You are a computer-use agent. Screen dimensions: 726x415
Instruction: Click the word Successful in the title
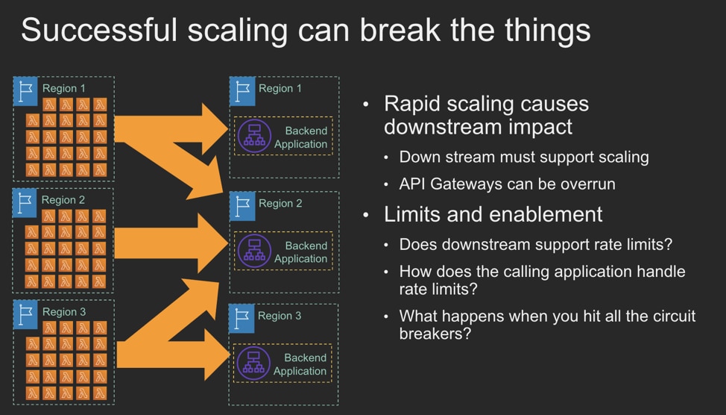point(99,30)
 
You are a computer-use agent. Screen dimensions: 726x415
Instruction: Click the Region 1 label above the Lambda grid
point(64,88)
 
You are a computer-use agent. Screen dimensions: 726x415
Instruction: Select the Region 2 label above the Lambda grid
point(63,200)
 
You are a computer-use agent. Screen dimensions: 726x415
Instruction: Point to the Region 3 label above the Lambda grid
point(64,311)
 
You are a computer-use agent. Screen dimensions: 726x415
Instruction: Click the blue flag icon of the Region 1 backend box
point(242,91)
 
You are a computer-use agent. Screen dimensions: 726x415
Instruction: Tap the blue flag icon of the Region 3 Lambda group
point(25,314)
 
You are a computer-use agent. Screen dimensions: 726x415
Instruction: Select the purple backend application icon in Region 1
point(254,136)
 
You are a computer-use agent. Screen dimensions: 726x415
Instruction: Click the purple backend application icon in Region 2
point(254,251)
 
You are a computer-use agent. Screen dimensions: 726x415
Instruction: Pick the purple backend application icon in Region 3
point(253,363)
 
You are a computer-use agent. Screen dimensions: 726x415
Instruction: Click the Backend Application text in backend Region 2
point(300,252)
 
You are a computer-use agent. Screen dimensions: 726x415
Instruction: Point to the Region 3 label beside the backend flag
point(280,316)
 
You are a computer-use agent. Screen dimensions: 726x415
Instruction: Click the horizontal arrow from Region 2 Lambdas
point(171,243)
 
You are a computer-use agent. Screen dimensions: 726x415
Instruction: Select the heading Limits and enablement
point(493,214)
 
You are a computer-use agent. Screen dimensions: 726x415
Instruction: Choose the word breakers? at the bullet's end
point(435,334)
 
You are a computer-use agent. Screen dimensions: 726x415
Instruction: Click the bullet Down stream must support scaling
point(524,157)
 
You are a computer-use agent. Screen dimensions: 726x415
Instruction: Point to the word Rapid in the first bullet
point(412,104)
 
